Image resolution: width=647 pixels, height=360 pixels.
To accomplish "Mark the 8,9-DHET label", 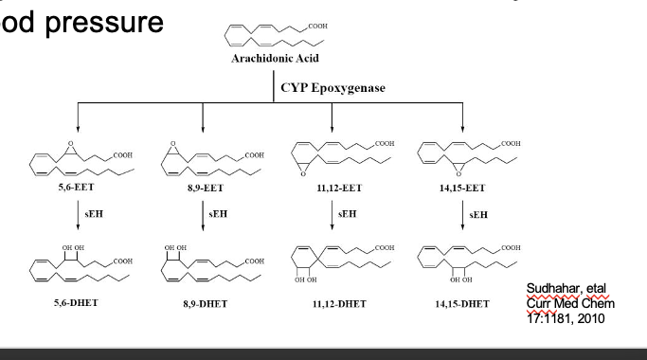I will (x=205, y=303).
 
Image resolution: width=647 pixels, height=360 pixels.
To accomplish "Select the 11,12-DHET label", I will (x=333, y=303).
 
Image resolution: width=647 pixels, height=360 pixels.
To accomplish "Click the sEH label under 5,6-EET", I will (x=90, y=213).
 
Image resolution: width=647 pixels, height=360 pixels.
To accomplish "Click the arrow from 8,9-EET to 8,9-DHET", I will (x=204, y=215).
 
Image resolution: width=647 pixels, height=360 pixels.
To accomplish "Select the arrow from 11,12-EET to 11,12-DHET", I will (x=332, y=215).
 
